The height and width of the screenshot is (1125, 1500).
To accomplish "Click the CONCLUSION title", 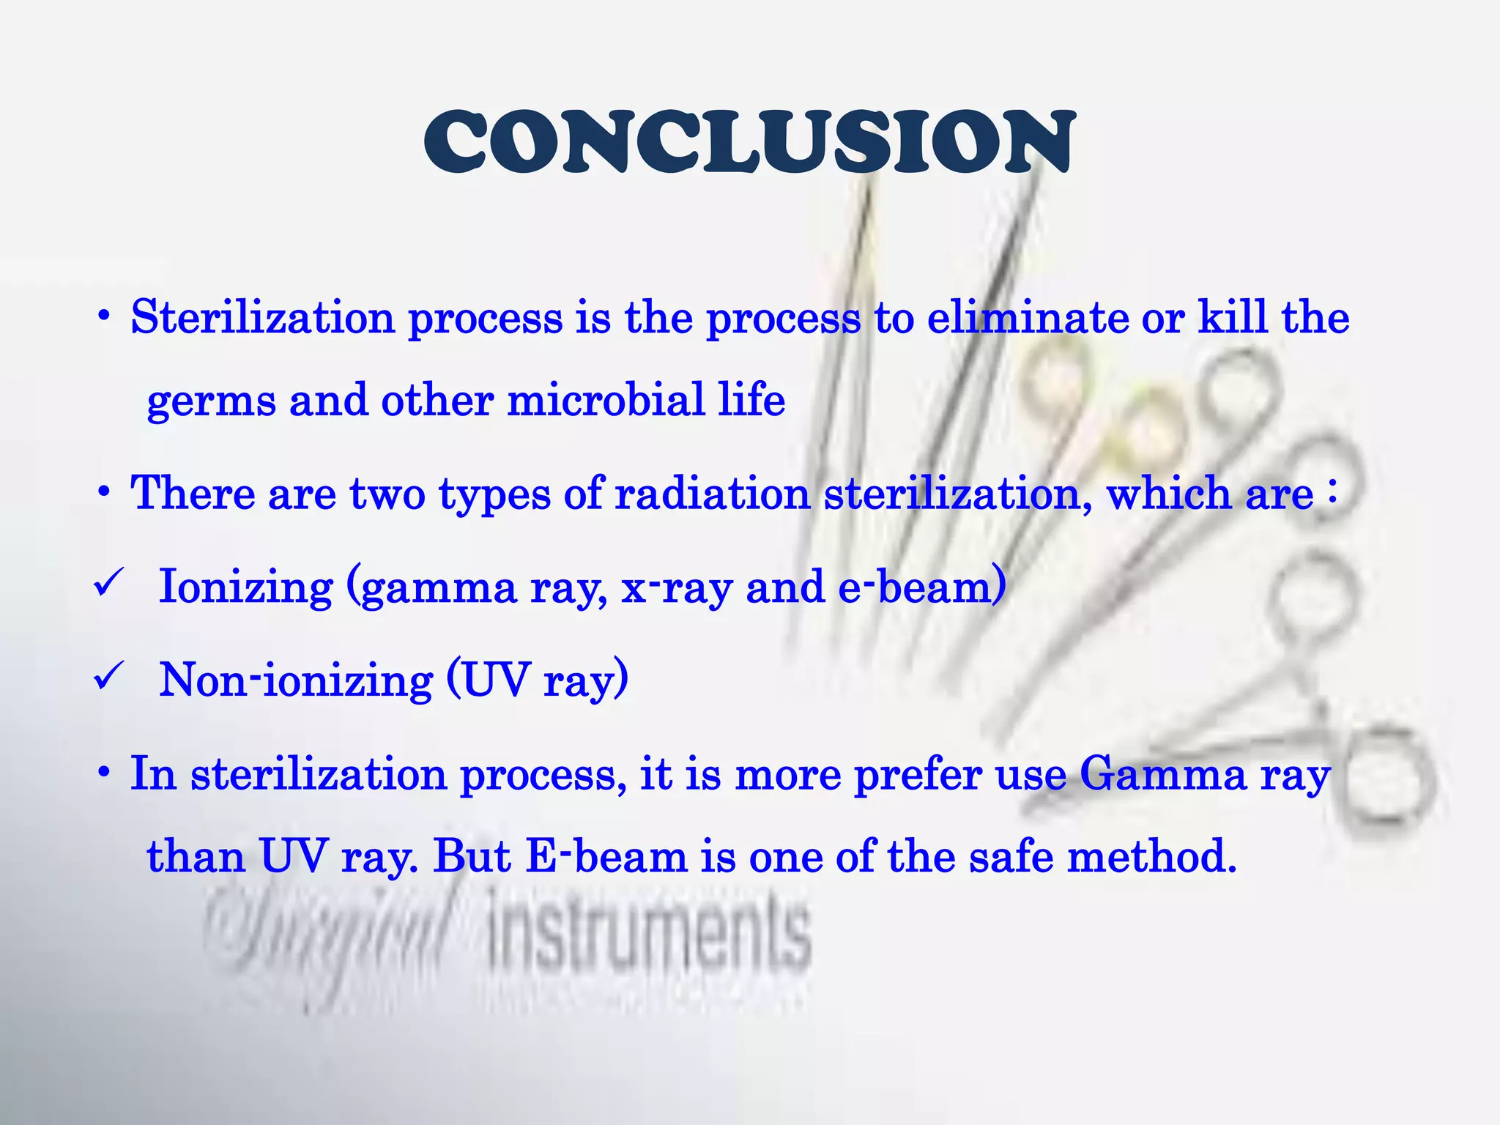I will coord(749,143).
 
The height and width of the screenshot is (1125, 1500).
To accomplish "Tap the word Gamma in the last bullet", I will coord(1162,774).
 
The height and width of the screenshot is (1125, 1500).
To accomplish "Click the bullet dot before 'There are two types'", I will coord(104,492).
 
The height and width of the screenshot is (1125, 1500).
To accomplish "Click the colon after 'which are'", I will coord(1332,493).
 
